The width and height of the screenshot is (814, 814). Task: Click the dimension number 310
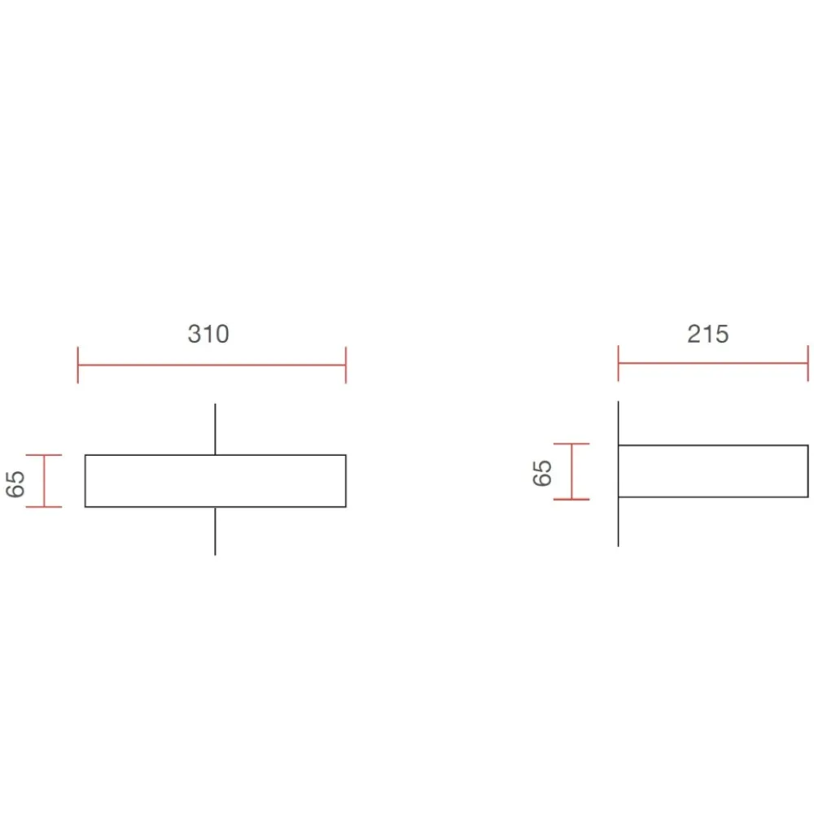[x=208, y=334]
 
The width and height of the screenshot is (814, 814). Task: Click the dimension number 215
[x=707, y=334]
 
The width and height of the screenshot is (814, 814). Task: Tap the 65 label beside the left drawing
[x=15, y=484]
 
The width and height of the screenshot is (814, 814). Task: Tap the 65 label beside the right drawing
[x=542, y=472]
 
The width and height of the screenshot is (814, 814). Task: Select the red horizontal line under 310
[x=212, y=365]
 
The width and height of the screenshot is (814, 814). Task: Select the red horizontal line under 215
[x=713, y=363]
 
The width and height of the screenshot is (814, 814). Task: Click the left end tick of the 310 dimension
[x=78, y=365]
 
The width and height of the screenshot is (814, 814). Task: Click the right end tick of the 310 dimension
[x=346, y=365]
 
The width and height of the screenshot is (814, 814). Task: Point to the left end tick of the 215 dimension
[x=619, y=363]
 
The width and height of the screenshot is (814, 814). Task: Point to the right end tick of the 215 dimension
[x=807, y=363]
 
